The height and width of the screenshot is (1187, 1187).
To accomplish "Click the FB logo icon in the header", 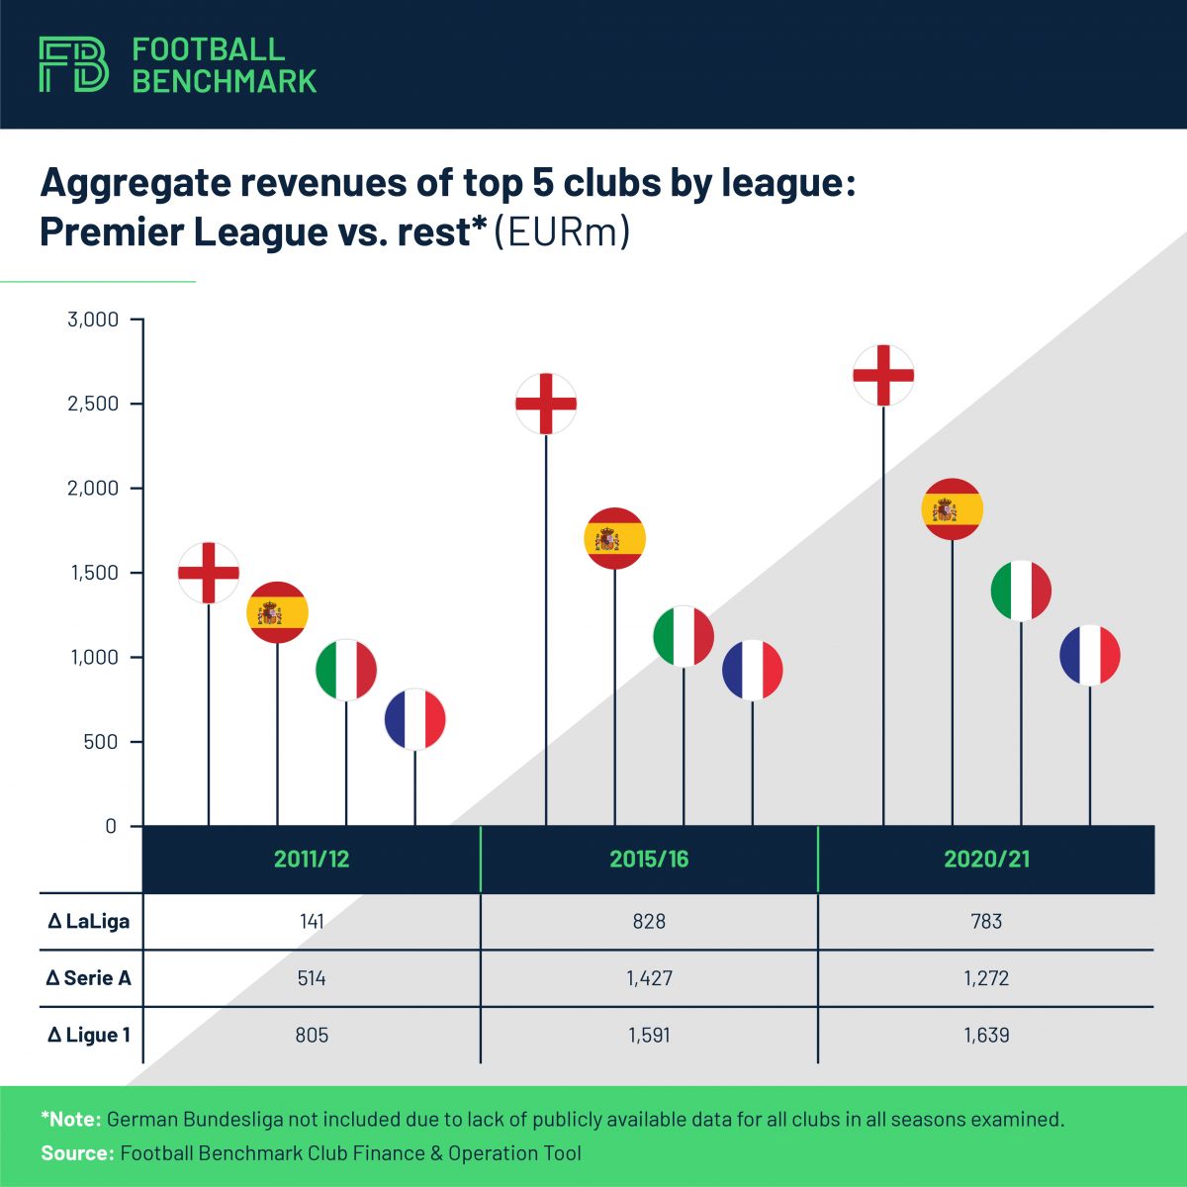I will tap(73, 65).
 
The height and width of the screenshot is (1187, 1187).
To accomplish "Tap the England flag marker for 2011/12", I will tap(209, 572).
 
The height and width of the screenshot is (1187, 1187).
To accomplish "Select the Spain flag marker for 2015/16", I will tap(615, 538).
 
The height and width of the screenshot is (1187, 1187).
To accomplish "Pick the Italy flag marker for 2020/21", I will tap(1021, 591).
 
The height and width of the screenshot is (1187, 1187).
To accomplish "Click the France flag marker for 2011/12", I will tap(415, 719).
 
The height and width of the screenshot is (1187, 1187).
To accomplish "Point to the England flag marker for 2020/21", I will tap(883, 376).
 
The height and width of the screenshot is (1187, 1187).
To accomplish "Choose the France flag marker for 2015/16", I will tap(753, 670).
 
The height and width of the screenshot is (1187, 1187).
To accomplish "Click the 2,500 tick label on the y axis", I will tap(93, 404).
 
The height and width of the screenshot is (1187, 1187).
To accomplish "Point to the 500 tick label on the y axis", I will tap(100, 742).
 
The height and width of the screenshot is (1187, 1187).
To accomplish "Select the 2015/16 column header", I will tap(649, 859).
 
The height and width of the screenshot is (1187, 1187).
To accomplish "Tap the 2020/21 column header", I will tap(986, 859).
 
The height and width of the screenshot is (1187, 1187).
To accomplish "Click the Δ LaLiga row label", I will tap(89, 921).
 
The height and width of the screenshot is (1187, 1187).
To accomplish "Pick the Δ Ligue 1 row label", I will tap(89, 1036).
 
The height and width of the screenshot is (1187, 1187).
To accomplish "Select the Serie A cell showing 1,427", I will tap(649, 978).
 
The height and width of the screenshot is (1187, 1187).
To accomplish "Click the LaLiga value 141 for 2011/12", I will tap(312, 921).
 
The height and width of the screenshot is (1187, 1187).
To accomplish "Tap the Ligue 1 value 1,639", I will tap(986, 1036).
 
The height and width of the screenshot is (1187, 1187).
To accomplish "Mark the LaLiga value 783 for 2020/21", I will tap(986, 921).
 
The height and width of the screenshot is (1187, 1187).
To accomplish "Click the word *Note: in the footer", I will tap(71, 1120).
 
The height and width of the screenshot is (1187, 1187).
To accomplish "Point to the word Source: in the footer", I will tap(77, 1153).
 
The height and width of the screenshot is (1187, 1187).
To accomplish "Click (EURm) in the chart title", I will tap(562, 232).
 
